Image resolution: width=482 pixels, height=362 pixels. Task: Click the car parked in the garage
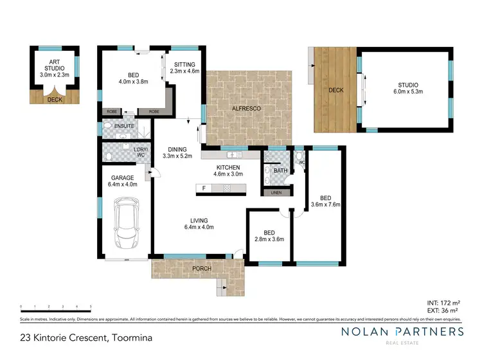pos(126,226)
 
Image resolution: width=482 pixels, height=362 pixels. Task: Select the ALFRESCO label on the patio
pos(246,109)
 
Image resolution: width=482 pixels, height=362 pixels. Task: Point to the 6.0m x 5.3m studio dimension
pos(407,92)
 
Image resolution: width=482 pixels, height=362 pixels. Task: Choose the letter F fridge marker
pos(204,188)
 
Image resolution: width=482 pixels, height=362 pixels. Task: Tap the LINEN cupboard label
pos(276,192)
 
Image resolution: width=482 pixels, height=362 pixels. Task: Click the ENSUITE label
pos(125,126)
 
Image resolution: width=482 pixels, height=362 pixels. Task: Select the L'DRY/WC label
pos(141,153)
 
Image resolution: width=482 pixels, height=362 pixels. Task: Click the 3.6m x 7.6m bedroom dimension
pos(325,204)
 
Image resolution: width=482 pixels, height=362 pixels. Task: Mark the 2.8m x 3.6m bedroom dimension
pos(270,239)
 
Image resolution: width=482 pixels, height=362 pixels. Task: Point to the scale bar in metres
pos(56,307)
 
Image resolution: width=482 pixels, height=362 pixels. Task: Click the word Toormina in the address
pos(132,337)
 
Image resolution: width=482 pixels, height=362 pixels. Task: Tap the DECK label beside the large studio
pos(336,90)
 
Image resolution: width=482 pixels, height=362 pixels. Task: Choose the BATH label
pos(280,171)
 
